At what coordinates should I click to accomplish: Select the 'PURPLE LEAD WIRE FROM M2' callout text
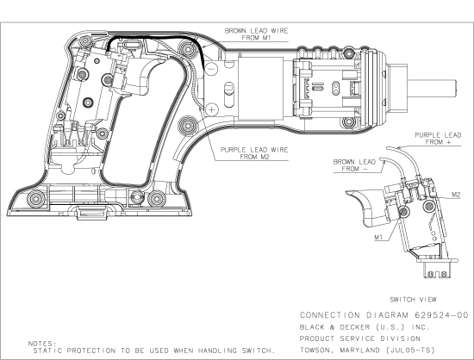(255, 152)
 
